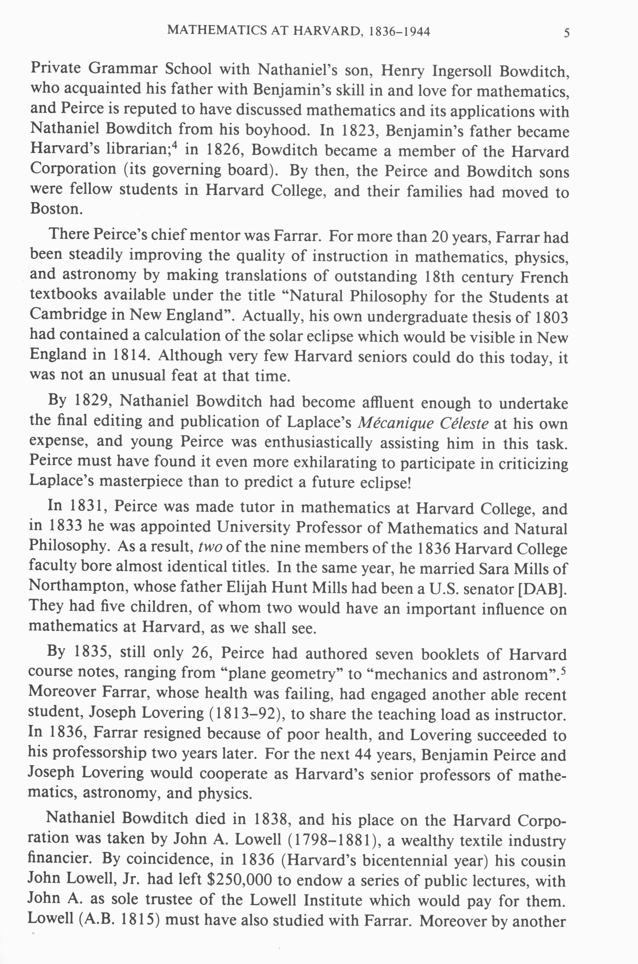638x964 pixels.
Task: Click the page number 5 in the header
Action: click(x=566, y=33)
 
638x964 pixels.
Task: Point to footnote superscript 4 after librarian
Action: click(x=175, y=146)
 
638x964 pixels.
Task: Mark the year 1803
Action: click(x=550, y=317)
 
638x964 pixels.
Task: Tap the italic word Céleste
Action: click(x=464, y=424)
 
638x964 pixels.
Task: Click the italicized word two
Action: click(x=210, y=547)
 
